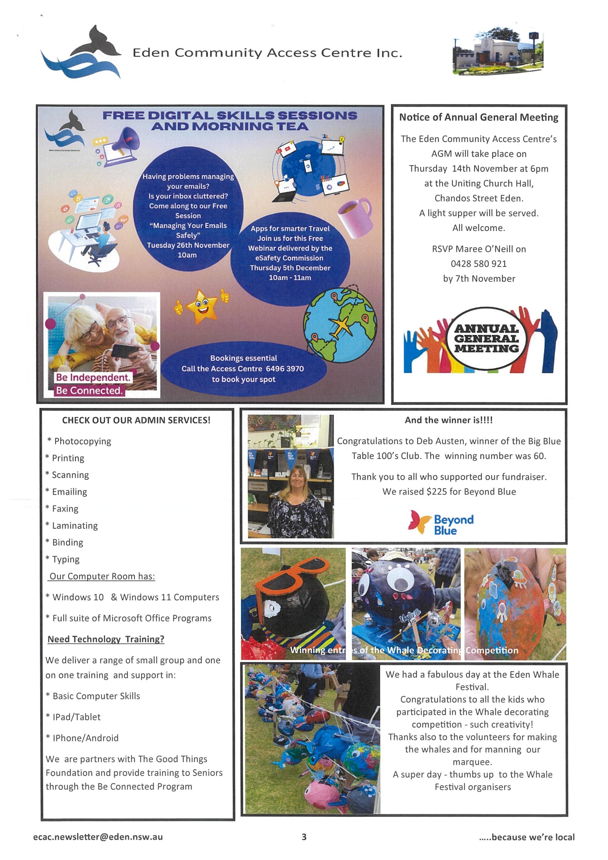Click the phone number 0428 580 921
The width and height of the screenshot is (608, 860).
[x=478, y=264]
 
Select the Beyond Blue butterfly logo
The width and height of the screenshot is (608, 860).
[x=420, y=521]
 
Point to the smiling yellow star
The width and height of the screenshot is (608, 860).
[x=202, y=307]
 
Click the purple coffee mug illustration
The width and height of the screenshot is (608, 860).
[x=354, y=218]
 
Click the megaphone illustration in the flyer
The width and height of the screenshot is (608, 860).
[x=126, y=143]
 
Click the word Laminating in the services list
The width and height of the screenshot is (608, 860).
[x=75, y=525]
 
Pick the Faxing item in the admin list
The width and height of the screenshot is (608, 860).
[x=65, y=509]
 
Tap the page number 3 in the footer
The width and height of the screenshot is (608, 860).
[x=304, y=837]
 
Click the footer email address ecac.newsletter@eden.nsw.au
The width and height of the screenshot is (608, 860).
[x=98, y=837]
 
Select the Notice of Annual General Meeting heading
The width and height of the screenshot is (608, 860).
[x=478, y=117]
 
